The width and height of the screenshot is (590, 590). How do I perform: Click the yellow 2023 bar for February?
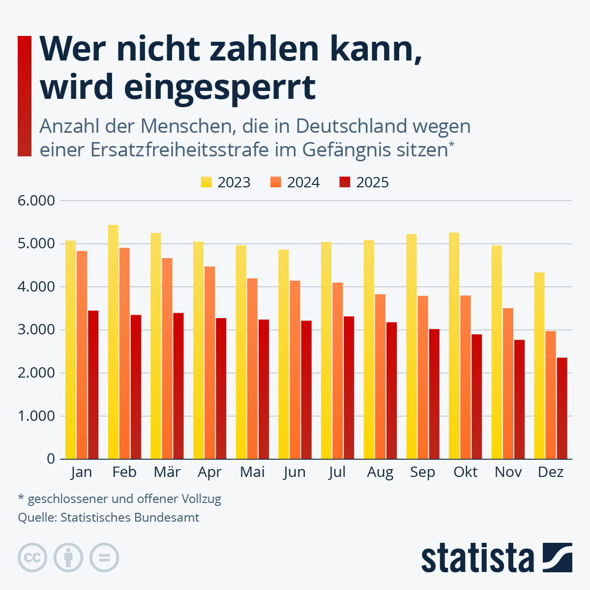click(113, 342)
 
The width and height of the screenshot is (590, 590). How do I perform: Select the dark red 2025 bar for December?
click(561, 408)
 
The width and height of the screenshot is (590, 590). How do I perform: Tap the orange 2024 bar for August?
click(381, 376)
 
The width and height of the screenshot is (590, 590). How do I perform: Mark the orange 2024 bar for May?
click(252, 368)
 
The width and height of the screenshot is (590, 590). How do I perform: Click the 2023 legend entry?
click(226, 182)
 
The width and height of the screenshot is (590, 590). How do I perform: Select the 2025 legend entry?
click(364, 182)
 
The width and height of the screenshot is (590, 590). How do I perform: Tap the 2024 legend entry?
click(295, 182)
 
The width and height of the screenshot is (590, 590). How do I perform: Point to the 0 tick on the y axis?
click(51, 459)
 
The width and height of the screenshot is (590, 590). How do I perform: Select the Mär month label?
click(167, 472)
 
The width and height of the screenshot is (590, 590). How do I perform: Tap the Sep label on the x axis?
click(422, 472)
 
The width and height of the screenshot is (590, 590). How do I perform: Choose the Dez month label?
click(551, 472)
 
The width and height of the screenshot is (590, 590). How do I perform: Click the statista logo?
click(496, 558)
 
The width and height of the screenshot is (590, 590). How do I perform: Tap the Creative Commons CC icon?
click(32, 558)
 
